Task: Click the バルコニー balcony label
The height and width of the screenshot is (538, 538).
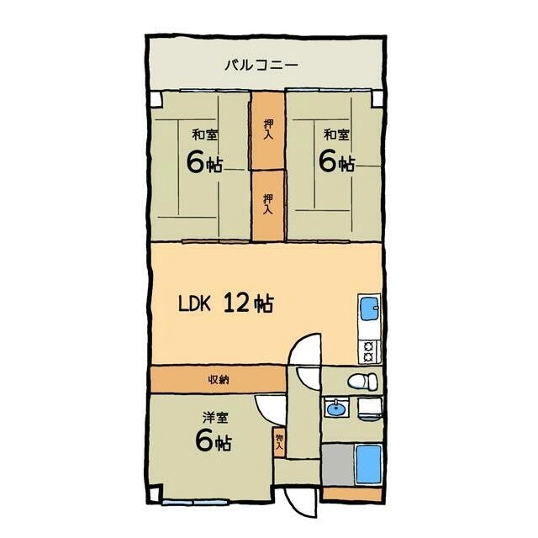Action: coord(261,66)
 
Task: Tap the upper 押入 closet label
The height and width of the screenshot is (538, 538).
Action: coord(268,129)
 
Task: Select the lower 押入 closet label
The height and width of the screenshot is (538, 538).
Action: coord(268,204)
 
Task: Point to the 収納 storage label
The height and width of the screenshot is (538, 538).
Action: coord(219,380)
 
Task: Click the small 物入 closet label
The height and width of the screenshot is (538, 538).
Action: coord(279,442)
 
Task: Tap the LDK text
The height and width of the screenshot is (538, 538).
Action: coord(194,304)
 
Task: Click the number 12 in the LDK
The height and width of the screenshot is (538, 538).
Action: coord(236,303)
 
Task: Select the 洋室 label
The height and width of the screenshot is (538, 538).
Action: coord(215,418)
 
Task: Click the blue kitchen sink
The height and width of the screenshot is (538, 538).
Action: coord(369,307)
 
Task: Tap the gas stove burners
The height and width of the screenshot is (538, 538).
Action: coord(369,351)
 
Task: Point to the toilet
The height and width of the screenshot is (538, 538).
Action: coord(362,381)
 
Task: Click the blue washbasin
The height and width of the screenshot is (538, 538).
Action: coord(336,408)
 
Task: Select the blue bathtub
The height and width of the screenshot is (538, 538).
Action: coord(368,464)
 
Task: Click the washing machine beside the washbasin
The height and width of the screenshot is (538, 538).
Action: coord(370,409)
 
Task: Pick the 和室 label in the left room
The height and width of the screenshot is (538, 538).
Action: coord(205,134)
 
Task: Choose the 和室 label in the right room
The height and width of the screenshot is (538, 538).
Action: coord(336,134)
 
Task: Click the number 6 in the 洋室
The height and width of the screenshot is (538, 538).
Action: coord(203,440)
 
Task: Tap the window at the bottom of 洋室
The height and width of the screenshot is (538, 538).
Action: coord(194,503)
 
